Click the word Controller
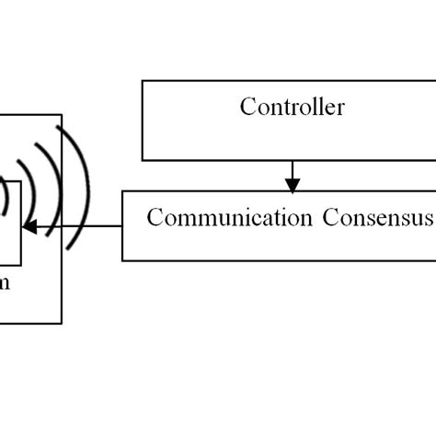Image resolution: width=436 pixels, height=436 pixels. pyautogui.click(x=293, y=108)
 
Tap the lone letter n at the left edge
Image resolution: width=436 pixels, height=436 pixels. pyautogui.click(x=5, y=284)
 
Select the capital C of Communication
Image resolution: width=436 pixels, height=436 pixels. pyautogui.click(x=154, y=218)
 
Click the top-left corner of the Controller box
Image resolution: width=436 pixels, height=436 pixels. pyautogui.click(x=142, y=80)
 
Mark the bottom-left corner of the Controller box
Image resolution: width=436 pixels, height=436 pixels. pyautogui.click(x=142, y=160)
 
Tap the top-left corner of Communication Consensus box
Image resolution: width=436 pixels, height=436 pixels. pyautogui.click(x=122, y=191)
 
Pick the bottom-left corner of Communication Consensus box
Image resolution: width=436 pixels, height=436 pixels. pyautogui.click(x=122, y=260)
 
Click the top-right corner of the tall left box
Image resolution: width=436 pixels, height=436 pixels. pyautogui.click(x=62, y=115)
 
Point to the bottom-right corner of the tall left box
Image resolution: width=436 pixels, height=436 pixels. pyautogui.click(x=62, y=324)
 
